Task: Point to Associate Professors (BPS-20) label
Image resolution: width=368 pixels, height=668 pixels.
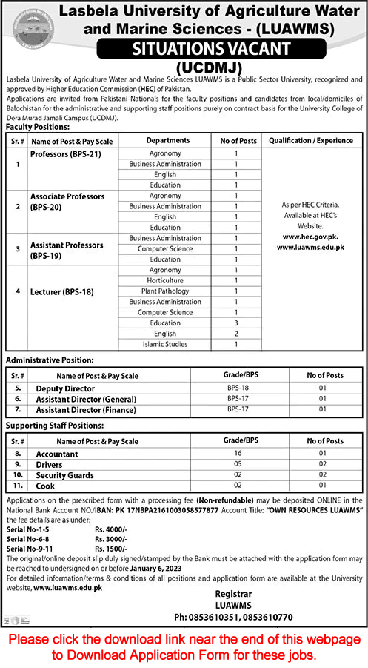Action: pyautogui.click(x=67, y=201)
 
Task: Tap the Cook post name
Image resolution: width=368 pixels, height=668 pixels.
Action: pyautogui.click(x=45, y=486)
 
